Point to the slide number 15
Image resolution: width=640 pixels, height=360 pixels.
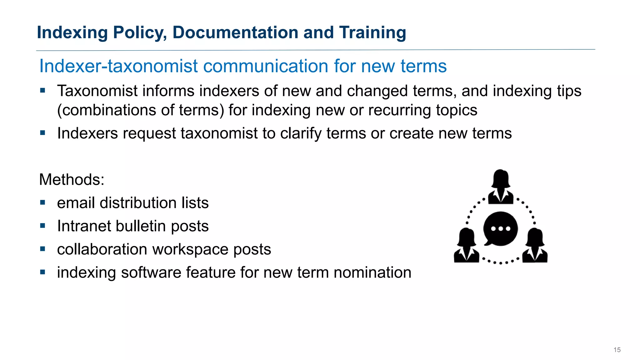point(617,350)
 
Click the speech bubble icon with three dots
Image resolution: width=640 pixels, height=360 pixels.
point(500,229)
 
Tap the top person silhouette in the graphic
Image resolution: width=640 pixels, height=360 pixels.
point(501,187)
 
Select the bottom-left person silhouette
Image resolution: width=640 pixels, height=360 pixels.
point(466,246)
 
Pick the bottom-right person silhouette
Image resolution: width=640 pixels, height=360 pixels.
point(535,246)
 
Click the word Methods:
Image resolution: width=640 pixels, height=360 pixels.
point(72,180)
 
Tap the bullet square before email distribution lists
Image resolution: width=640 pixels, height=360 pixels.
point(43,203)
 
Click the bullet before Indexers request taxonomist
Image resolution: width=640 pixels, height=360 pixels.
point(43,133)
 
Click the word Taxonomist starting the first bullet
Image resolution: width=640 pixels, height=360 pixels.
point(97,91)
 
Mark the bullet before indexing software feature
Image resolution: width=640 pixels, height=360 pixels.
point(43,272)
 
